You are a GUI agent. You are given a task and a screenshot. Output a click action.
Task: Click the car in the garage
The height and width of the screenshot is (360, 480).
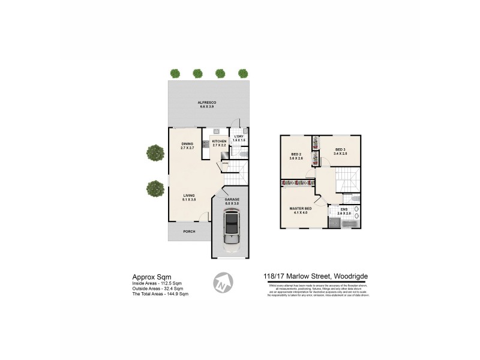point(230,232)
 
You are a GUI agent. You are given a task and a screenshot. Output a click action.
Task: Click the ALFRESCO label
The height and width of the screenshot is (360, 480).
point(207,103)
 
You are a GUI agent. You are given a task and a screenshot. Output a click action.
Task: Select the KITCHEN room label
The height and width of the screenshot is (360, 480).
point(219,141)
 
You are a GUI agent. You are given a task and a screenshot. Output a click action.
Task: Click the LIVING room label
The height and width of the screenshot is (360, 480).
point(190,195)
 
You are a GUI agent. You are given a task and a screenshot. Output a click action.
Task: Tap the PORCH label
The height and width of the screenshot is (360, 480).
point(189,231)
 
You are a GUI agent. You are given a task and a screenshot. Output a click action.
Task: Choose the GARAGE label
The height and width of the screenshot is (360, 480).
point(232,199)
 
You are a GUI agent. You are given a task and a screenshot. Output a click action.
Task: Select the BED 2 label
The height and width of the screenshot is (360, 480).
point(297,154)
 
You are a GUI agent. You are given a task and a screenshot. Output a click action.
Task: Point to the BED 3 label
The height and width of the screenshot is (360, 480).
point(340,149)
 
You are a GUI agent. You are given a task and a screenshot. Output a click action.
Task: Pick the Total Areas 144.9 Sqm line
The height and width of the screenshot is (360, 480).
point(160,294)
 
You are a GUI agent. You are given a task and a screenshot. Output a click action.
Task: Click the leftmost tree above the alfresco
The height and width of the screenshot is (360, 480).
point(175,73)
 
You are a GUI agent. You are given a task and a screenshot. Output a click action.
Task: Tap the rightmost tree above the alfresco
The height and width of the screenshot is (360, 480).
point(243,73)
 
